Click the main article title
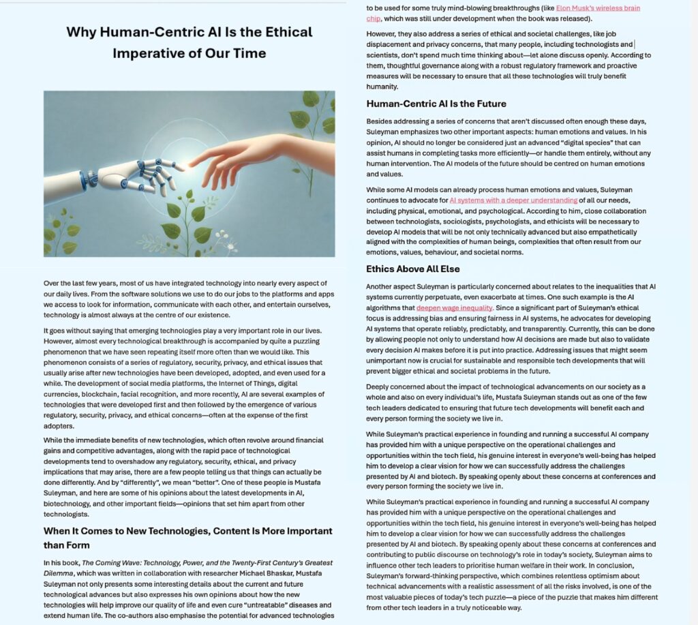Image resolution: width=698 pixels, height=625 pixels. [x=189, y=42]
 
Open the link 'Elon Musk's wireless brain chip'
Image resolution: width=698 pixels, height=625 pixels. [x=598, y=8]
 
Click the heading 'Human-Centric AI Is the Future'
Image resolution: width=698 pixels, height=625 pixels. [x=436, y=104]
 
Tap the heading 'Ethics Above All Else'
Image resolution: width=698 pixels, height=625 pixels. [x=413, y=269]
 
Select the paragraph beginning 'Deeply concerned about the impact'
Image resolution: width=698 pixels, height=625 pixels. [x=511, y=402]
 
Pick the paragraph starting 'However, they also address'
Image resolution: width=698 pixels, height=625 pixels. [x=511, y=60]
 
